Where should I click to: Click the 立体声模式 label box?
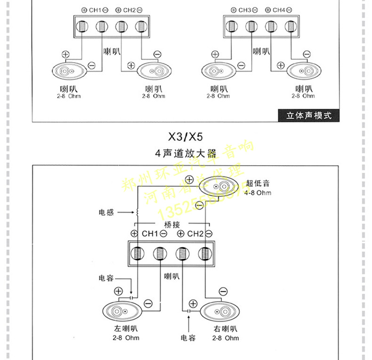pyautogui.click(x=309, y=115)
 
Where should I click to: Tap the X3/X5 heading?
pyautogui.click(x=186, y=137)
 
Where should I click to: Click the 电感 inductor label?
pyautogui.click(x=106, y=213)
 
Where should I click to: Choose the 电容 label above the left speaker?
pyautogui.click(x=106, y=279)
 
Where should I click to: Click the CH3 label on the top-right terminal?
pyautogui.click(x=245, y=10)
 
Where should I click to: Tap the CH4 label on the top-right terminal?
pyautogui.click(x=279, y=10)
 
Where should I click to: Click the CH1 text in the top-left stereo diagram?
pyautogui.click(x=95, y=10)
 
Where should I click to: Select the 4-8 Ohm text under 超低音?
pyautogui.click(x=258, y=193)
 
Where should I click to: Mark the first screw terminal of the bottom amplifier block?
pyautogui.click(x=137, y=254)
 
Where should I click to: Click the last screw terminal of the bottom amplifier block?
pyautogui.click(x=205, y=254)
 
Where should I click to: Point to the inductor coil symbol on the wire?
pyautogui.click(x=137, y=213)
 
